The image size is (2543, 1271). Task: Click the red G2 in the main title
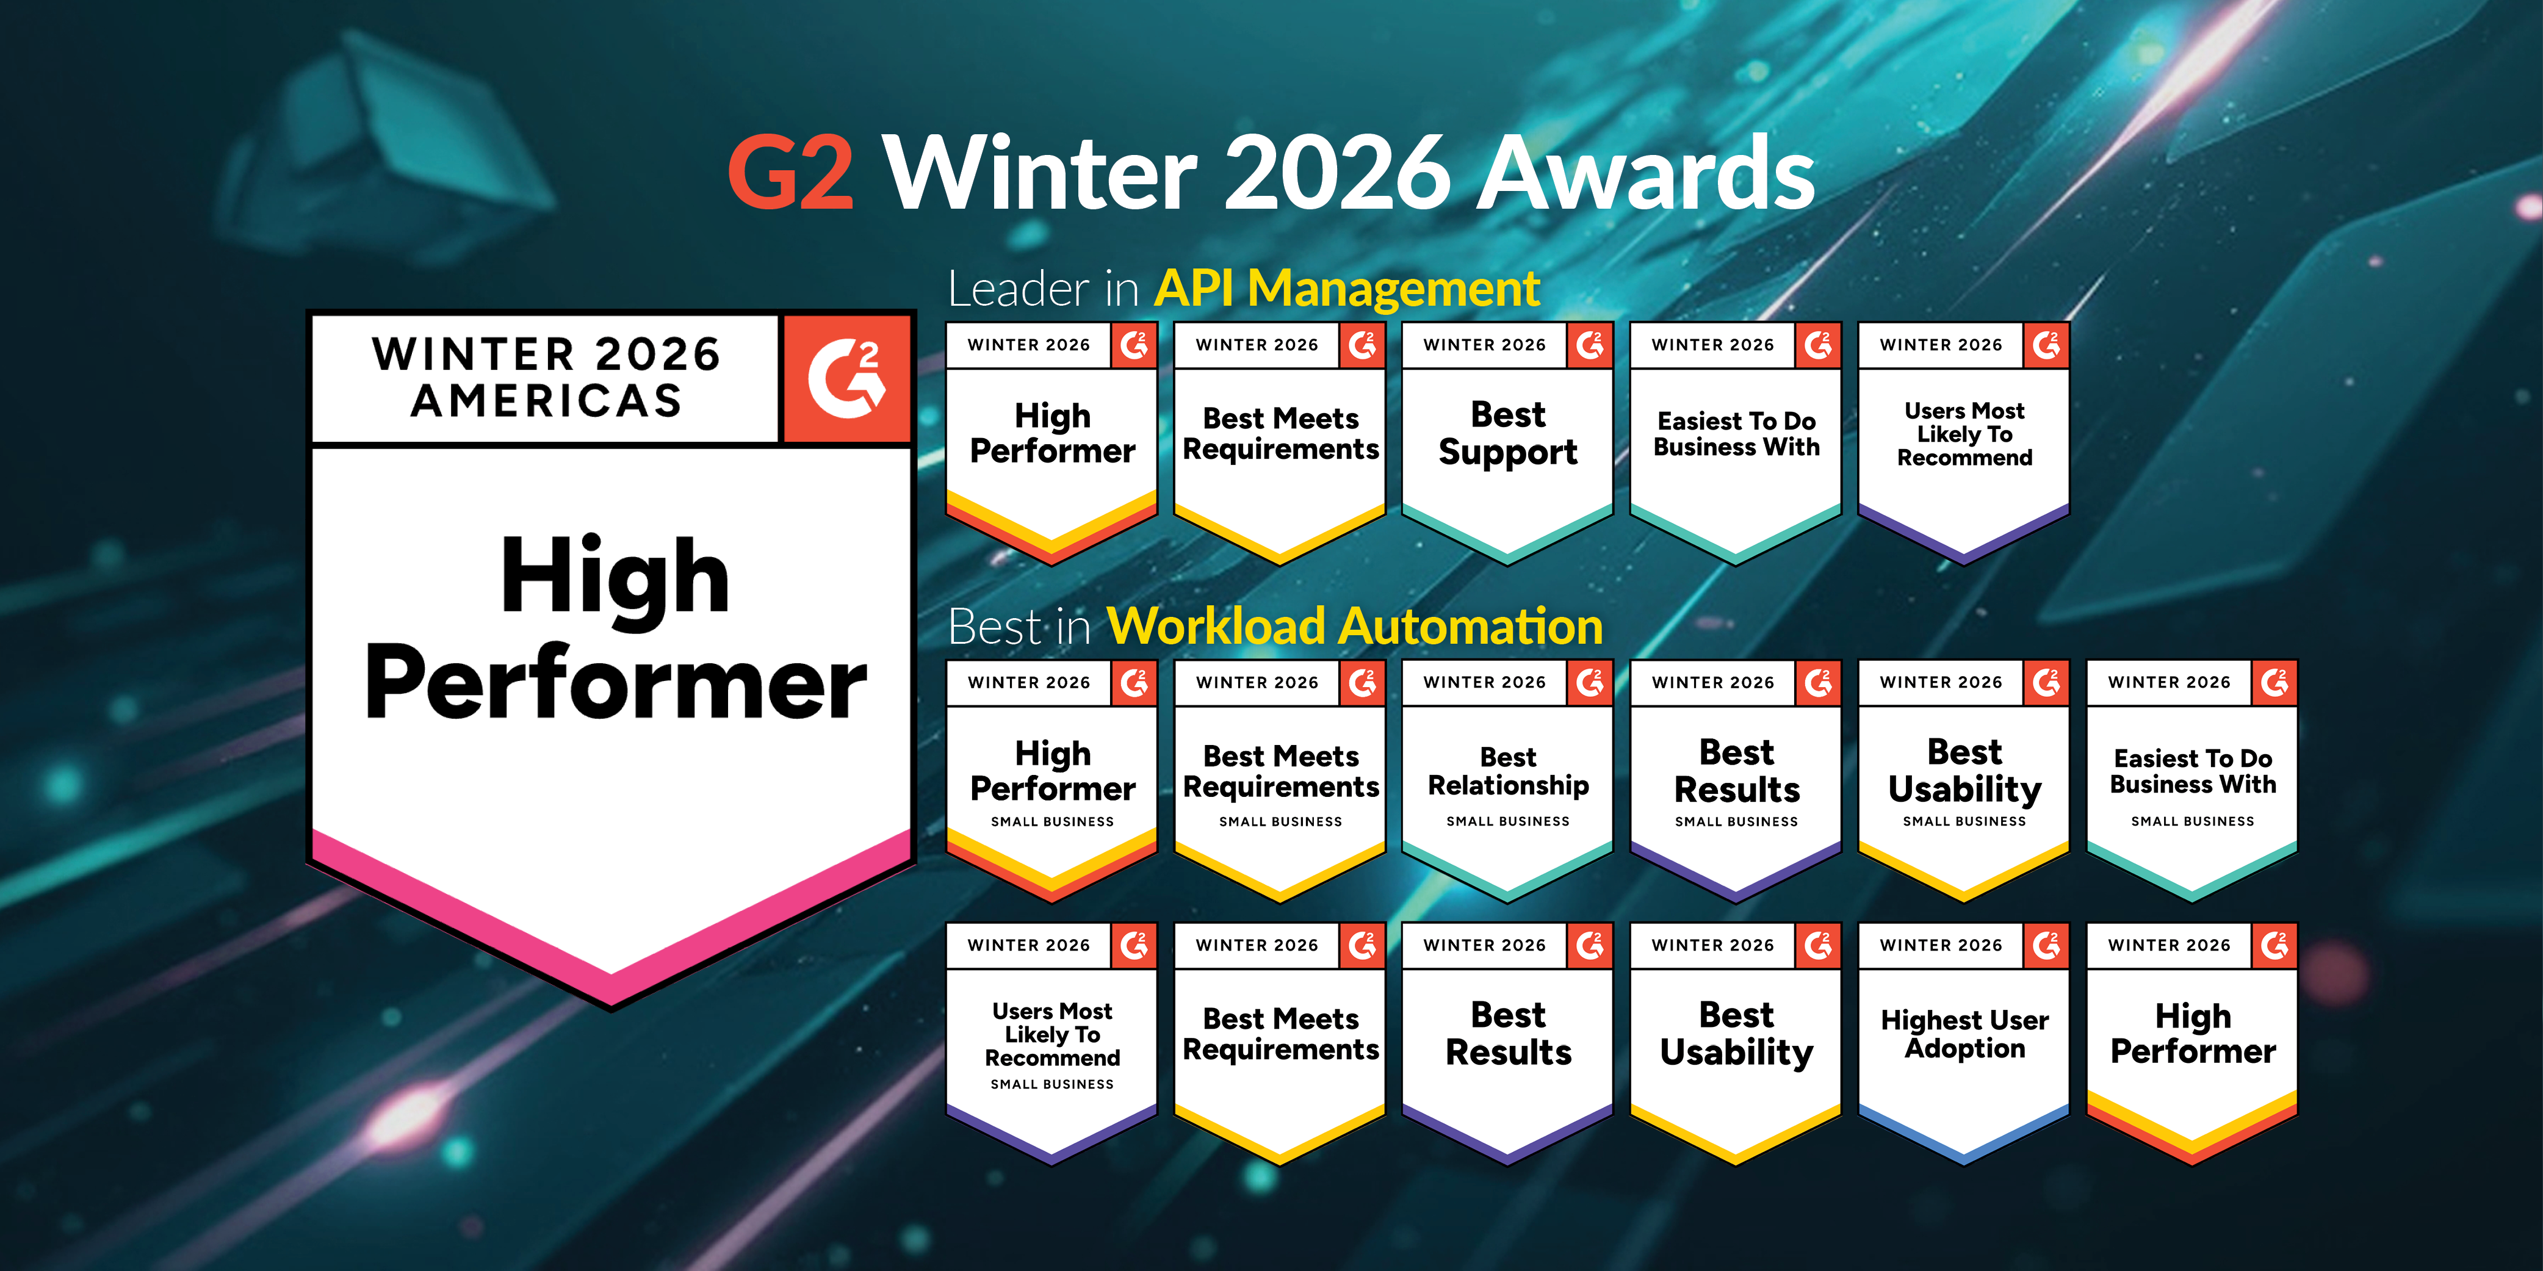790,173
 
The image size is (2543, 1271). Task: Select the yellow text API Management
1346,289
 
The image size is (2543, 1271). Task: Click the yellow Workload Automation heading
1354,627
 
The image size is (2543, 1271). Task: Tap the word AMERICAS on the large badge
547,401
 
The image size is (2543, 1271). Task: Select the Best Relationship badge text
1509,772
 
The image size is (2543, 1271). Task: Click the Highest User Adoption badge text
1964,1034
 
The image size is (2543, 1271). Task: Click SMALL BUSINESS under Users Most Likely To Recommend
1052,1084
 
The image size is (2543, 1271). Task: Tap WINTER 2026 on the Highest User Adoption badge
1941,945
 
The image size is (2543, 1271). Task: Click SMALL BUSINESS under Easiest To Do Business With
2193,821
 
